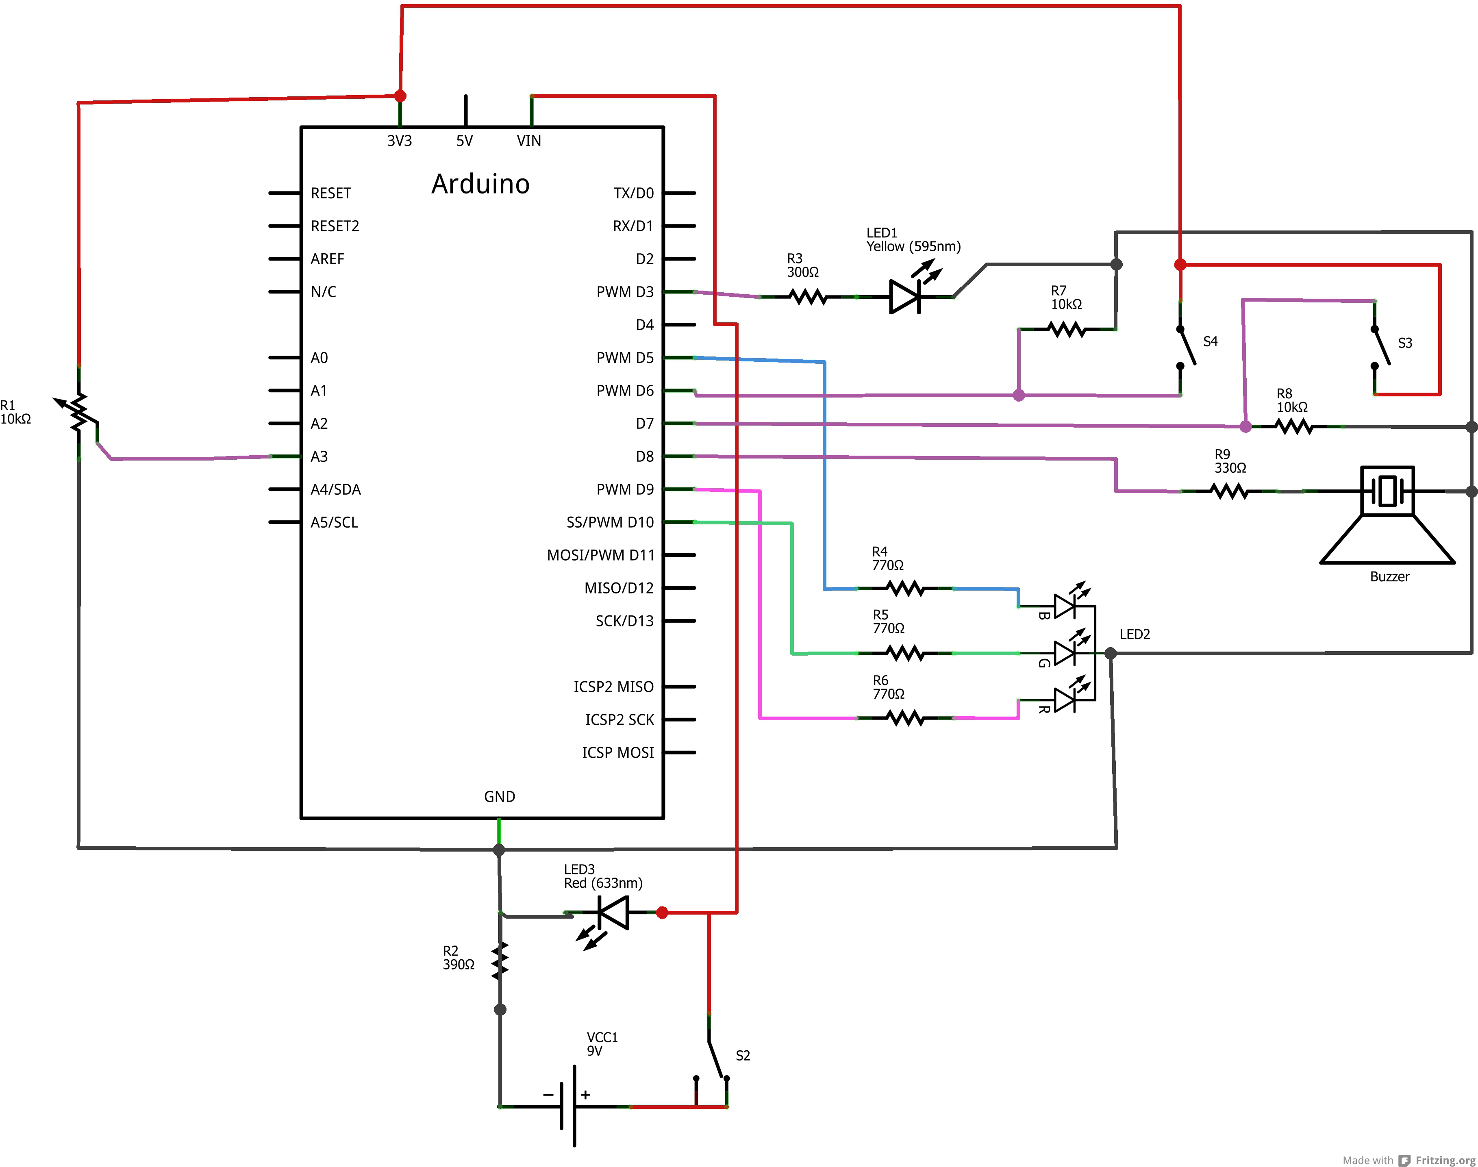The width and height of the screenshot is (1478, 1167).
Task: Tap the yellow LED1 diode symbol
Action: pyautogui.click(x=905, y=297)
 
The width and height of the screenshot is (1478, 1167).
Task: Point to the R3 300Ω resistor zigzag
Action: pyautogui.click(x=808, y=297)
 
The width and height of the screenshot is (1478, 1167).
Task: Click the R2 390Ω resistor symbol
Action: pyautogui.click(x=500, y=961)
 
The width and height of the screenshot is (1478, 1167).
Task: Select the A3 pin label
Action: pyautogui.click(x=319, y=456)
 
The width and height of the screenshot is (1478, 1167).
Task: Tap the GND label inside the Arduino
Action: pyautogui.click(x=500, y=797)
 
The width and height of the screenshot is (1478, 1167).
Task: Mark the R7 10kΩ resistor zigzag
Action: pyautogui.click(x=1067, y=330)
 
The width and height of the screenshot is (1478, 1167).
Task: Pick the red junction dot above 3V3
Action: pyautogui.click(x=400, y=96)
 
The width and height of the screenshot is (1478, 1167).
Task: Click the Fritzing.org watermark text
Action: pyautogui.click(x=1445, y=1160)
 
